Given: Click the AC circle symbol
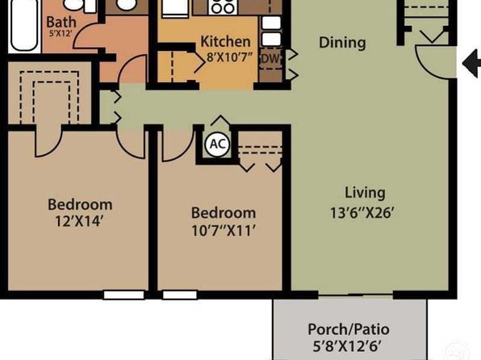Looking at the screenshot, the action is pos(217,144).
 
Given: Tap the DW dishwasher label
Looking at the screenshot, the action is pos(270,58).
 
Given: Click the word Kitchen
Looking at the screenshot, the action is pos(225,41).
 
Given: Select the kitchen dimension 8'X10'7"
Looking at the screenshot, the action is pos(229,57).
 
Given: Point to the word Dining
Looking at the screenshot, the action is pos(342,43).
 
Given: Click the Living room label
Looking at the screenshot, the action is pos(365,193).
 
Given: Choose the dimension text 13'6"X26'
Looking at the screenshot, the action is pos(362,212).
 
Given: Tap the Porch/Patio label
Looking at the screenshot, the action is pos(349,329).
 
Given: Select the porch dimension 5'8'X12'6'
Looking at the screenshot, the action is pos(347,346).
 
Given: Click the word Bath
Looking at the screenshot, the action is pos(61,22).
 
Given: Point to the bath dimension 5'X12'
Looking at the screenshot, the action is pos(61,33).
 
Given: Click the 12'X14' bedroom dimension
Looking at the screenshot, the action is pos(78,221).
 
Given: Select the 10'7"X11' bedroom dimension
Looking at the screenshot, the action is pos(224,230).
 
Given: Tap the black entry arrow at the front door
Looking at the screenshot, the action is pos(471,63).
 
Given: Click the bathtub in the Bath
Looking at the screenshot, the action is pos(24,25).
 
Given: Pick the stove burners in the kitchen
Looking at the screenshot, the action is pos(223,6).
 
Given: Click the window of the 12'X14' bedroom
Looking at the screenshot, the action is pos(124,295).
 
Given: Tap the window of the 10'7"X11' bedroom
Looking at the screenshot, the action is pos(180,295).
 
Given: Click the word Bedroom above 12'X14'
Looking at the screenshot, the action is pos(80,204).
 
